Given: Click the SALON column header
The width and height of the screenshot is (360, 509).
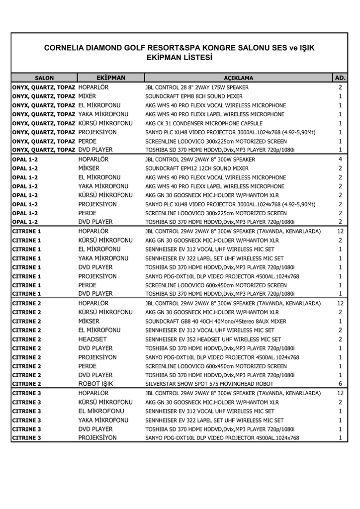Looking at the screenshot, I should tap(44, 78).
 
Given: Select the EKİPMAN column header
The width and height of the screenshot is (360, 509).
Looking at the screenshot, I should tap(110, 78).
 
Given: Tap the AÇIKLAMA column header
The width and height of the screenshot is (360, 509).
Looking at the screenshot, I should tap(238, 78).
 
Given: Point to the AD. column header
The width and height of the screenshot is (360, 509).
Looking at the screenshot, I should tap(341, 78).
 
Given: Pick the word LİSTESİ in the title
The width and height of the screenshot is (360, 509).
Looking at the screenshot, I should tap(196, 58).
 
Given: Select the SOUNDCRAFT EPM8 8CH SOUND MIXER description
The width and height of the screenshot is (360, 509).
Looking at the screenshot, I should tap(194, 96).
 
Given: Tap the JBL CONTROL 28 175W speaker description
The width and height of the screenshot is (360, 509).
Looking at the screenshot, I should tap(197, 87).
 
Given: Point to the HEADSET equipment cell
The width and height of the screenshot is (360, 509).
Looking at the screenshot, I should tap(91, 339).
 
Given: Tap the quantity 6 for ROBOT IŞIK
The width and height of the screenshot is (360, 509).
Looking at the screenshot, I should tap(340, 384).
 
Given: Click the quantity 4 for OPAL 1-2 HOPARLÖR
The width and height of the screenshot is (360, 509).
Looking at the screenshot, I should tap(340, 160).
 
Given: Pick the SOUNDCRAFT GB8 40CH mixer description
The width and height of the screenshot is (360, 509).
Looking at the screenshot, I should tap(216, 321).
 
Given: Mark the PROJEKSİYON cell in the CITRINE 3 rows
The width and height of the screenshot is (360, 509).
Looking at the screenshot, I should tap(97, 438).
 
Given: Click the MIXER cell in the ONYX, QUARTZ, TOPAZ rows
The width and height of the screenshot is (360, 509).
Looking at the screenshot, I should tap(87, 96).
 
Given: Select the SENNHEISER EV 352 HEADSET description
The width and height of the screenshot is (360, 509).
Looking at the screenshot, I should tap(209, 339).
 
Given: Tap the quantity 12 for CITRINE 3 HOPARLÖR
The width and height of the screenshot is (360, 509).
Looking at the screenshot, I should tap(340, 393).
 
